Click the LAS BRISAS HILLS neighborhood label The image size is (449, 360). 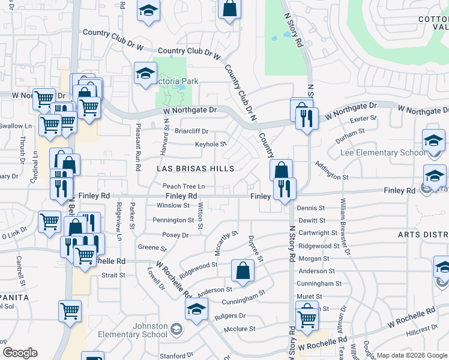point(196,169)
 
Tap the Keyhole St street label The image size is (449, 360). point(211,144)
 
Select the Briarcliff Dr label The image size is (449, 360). point(191,131)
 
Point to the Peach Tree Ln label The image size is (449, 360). point(184,187)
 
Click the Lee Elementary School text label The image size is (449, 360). point(382,153)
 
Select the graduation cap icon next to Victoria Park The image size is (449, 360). point(145,73)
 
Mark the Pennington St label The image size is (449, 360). point(173,220)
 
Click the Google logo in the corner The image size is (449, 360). point(20,352)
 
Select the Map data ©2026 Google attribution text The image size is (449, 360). point(412,355)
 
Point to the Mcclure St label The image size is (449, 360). point(240,329)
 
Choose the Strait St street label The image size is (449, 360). point(113,275)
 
